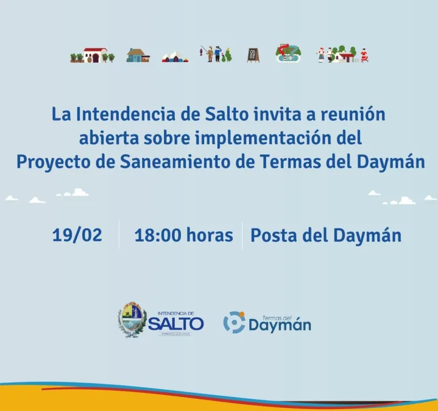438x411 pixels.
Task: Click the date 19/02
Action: tap(77, 235)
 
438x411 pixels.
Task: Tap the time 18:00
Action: tap(158, 235)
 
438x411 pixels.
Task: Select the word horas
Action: tap(210, 234)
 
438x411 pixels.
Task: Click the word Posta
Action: tap(275, 235)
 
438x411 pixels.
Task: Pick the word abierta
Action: tap(109, 138)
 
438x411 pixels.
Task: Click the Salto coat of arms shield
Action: tap(132, 320)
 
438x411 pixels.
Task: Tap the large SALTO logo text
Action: tap(176, 323)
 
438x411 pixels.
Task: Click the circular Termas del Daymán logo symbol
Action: tap(234, 322)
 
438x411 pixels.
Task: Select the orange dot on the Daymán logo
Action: tap(242, 314)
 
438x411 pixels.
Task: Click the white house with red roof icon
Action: tap(95, 55)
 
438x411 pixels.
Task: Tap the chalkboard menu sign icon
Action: tap(253, 55)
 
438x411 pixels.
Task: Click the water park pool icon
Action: tap(288, 53)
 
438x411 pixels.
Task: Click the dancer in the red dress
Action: tap(364, 55)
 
